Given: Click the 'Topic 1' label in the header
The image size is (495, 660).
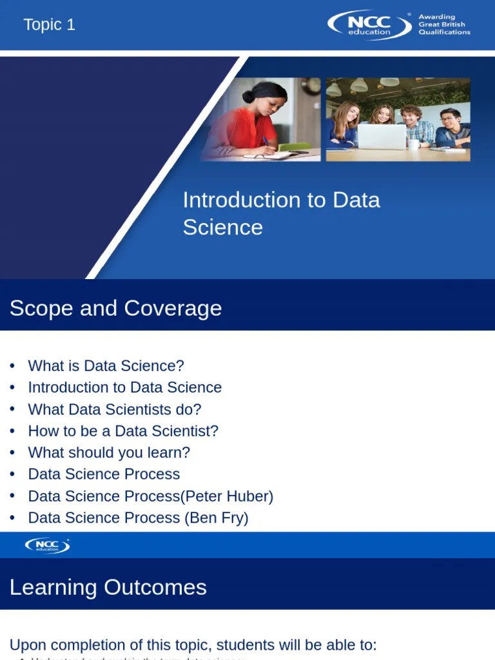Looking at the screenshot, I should tap(49, 25).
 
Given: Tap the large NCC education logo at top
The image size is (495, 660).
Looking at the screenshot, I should tap(369, 25).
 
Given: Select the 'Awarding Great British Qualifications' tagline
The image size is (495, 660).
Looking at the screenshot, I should tap(444, 25).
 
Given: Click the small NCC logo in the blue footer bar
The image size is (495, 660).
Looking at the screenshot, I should tap(47, 545).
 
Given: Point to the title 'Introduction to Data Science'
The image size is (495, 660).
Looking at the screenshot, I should tap(281, 213).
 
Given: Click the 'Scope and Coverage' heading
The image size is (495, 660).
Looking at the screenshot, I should tap(115, 308).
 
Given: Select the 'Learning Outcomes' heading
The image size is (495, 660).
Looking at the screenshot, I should tap(108, 587).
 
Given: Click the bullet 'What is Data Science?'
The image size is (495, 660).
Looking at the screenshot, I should tap(106, 365).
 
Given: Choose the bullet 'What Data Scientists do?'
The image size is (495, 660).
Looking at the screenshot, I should tap(115, 409).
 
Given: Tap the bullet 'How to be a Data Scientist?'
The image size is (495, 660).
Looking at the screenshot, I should tap(123, 431).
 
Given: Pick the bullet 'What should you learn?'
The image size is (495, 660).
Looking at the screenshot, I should tap(109, 452).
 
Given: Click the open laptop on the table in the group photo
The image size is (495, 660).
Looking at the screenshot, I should tap(382, 136).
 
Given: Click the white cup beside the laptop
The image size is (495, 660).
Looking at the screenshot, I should tap(413, 144).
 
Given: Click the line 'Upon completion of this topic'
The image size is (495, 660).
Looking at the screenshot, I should tap(193, 645).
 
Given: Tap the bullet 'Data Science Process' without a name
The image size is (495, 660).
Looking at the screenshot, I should tap(104, 474).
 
